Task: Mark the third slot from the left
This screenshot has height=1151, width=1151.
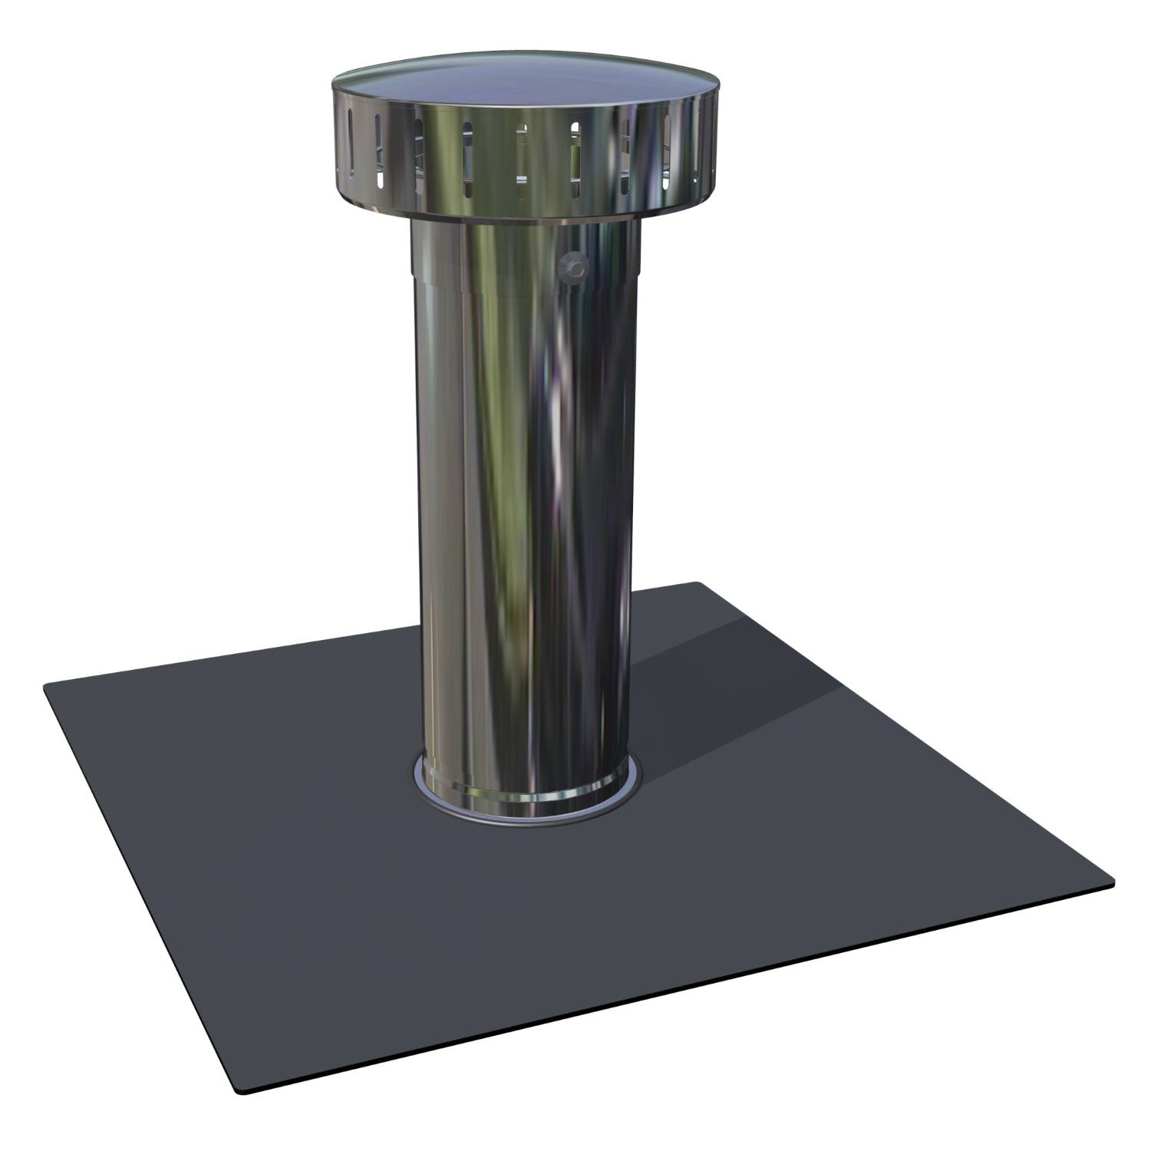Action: click(418, 157)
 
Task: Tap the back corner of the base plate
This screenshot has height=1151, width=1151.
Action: click(697, 585)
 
